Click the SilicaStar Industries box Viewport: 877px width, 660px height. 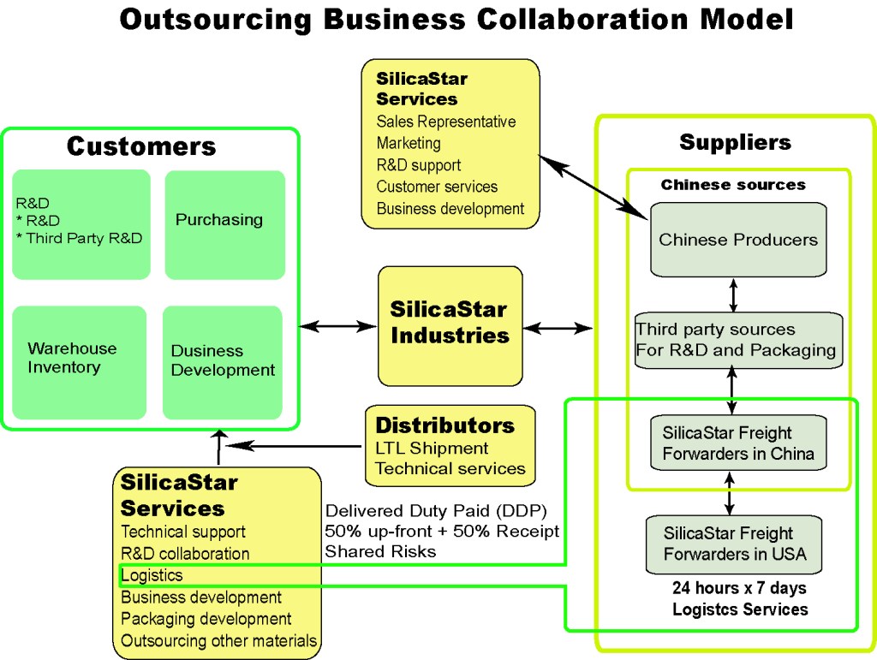(450, 325)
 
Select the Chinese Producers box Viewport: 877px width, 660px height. (737, 240)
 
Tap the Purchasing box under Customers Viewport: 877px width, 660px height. (224, 224)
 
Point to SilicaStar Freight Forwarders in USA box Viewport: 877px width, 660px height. (735, 544)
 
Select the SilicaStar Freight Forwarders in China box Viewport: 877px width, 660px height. (738, 443)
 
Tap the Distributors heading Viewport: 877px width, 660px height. (444, 425)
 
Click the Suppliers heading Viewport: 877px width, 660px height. (735, 142)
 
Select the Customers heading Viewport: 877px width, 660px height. (141, 146)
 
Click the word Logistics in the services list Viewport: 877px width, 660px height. (152, 575)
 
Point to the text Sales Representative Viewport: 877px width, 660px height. (445, 122)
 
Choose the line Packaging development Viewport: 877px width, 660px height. (206, 619)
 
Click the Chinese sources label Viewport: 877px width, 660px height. (732, 185)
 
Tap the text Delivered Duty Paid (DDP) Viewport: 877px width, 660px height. (435, 509)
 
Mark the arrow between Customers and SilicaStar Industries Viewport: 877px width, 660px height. (338, 326)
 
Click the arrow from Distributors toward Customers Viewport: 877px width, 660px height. (291, 446)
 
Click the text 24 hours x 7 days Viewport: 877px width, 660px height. (739, 589)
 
